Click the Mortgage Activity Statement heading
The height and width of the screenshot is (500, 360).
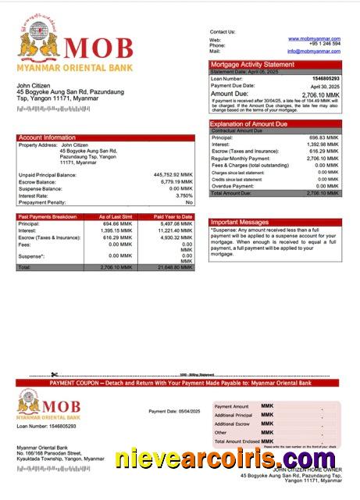click(x=252, y=64)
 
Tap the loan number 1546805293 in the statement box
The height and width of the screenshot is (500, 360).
click(x=326, y=79)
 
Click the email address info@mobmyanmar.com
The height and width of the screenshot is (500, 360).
click(x=314, y=51)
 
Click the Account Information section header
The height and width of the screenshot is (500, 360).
click(x=47, y=137)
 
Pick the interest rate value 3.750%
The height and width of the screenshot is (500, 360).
click(x=180, y=195)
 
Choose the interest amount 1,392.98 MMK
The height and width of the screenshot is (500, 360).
click(x=323, y=145)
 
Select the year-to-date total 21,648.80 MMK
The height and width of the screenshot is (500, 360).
click(x=173, y=267)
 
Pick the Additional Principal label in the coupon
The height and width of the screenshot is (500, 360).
click(x=232, y=415)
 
